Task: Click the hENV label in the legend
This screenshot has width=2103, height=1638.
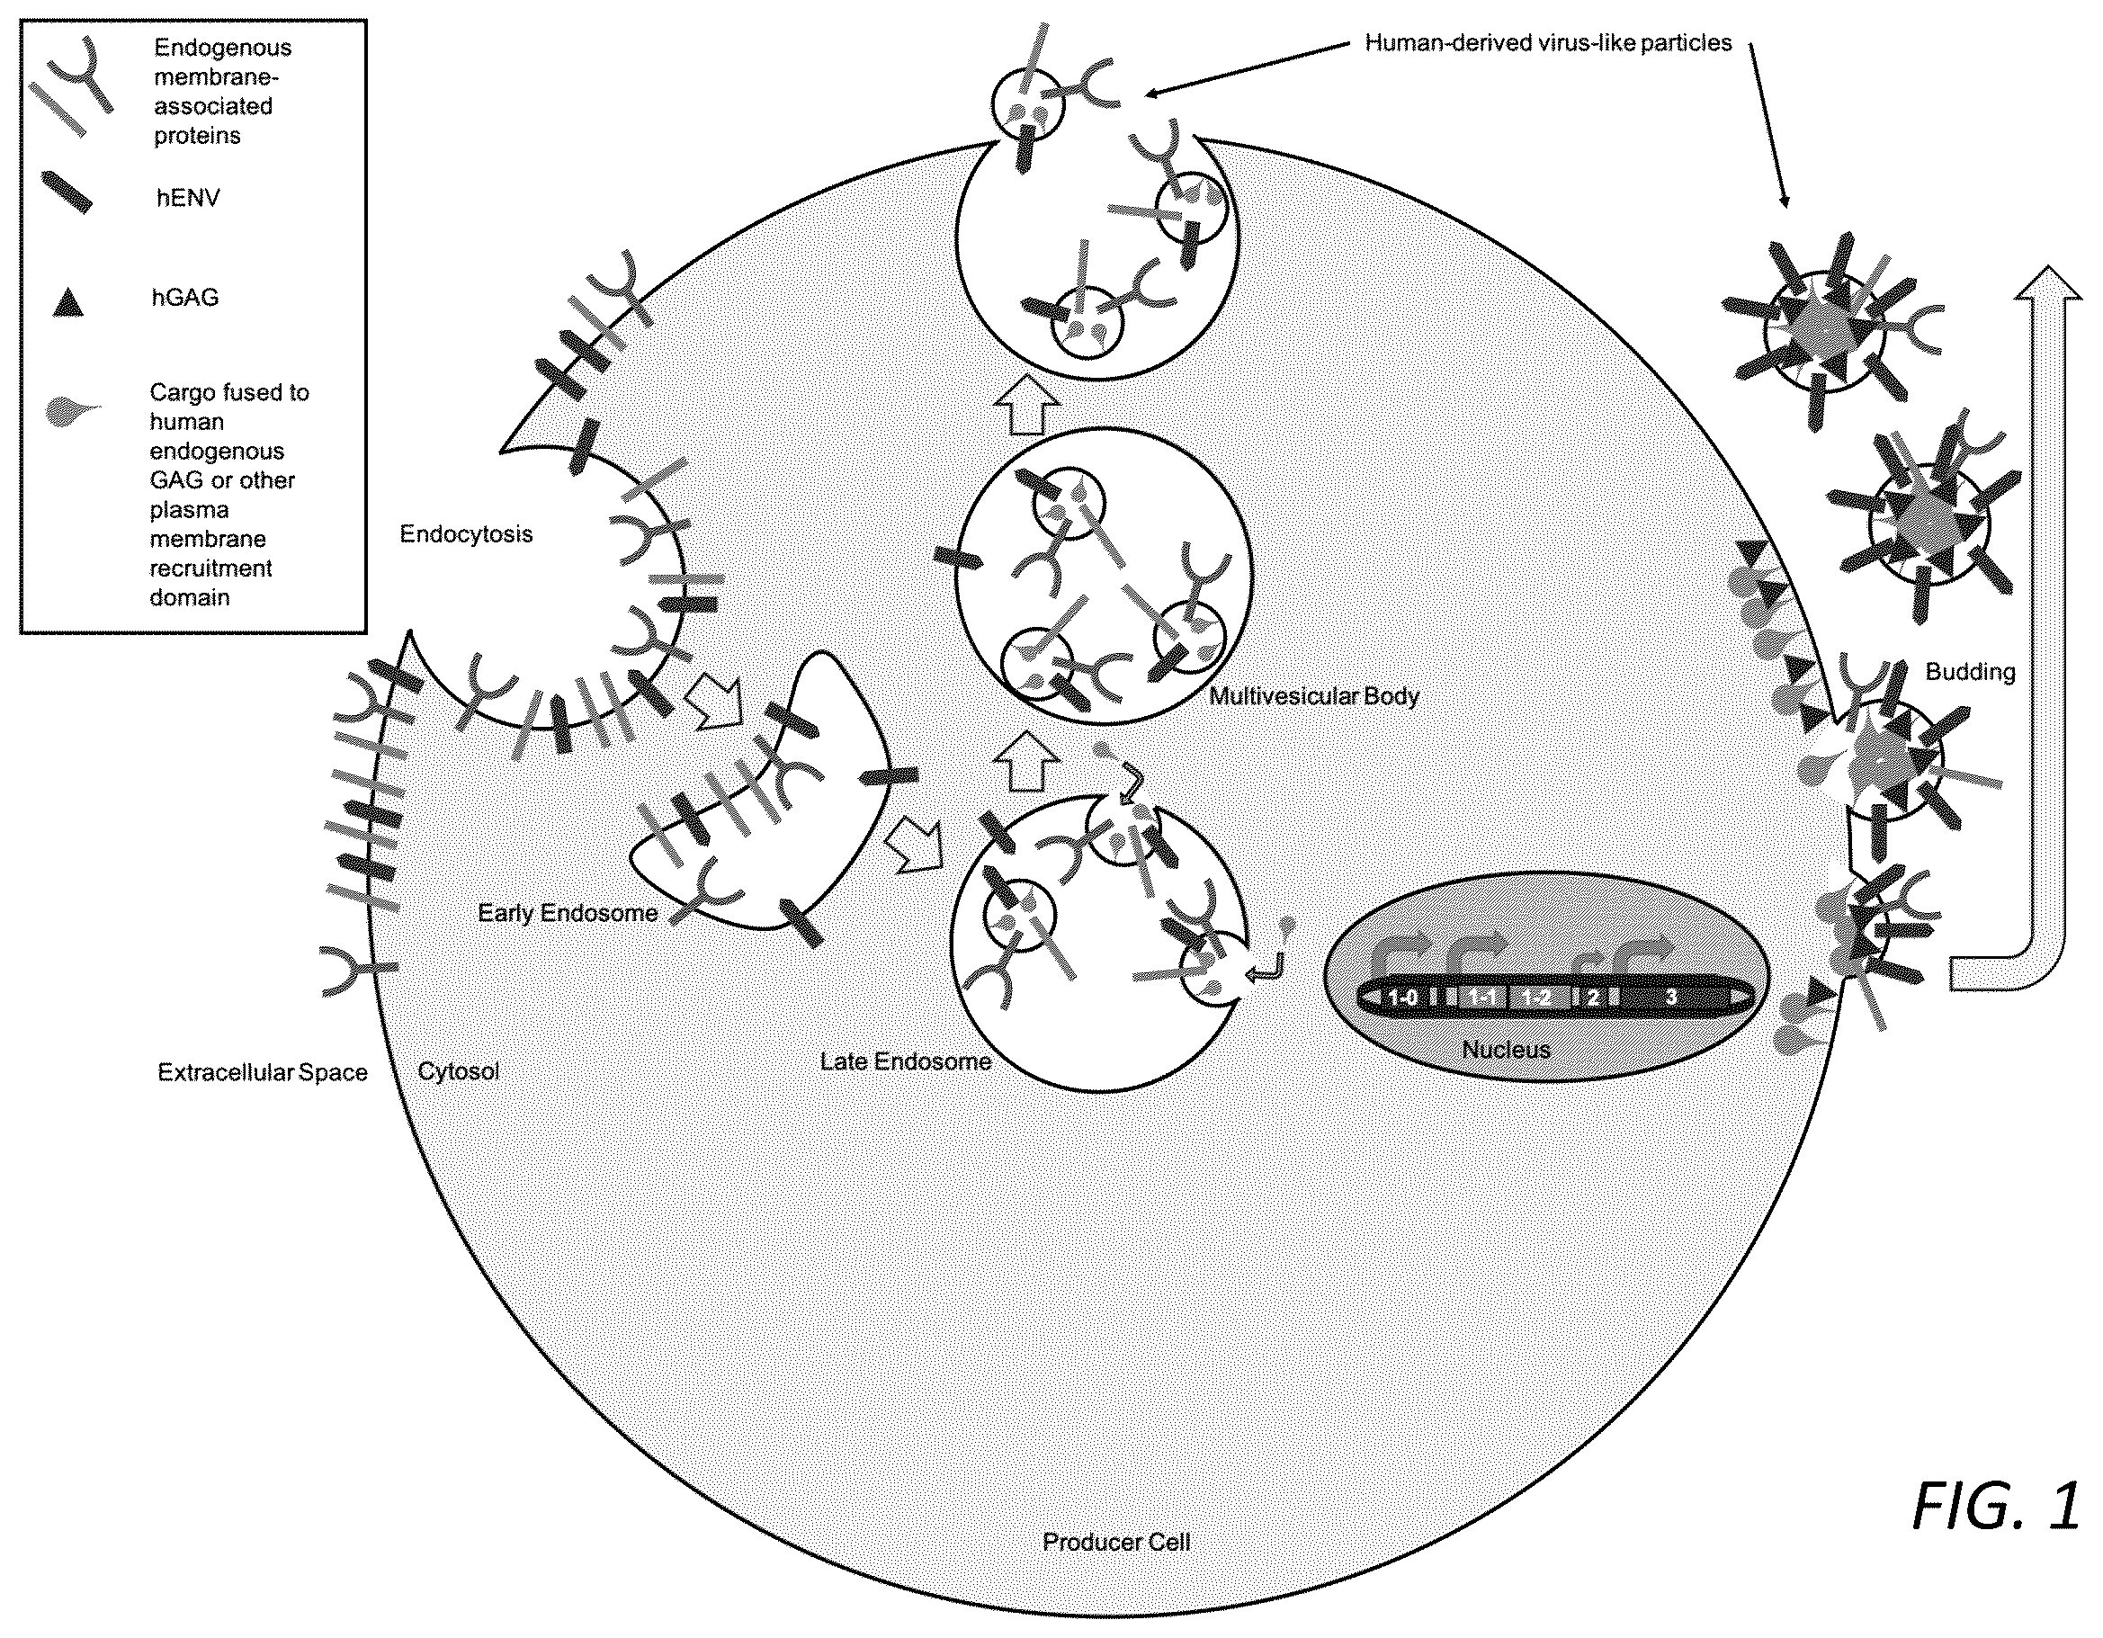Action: [188, 199]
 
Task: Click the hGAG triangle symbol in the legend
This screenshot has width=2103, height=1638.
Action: [68, 301]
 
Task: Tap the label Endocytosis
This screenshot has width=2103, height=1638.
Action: [466, 534]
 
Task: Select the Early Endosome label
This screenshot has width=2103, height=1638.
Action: [568, 913]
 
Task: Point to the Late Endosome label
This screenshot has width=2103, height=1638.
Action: [906, 1061]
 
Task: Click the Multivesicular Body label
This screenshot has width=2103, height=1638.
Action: [1314, 695]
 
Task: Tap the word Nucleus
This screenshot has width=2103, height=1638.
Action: [1506, 1050]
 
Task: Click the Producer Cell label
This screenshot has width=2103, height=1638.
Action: [1117, 1542]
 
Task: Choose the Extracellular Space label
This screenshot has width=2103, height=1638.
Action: [263, 1073]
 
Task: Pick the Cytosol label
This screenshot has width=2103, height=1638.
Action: [459, 1072]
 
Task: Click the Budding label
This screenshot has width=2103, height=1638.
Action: [1970, 672]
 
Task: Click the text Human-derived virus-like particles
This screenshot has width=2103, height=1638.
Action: [1548, 43]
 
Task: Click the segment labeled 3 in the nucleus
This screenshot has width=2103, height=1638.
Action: [1670, 997]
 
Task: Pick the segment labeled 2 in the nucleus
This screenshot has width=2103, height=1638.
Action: [1593, 998]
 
